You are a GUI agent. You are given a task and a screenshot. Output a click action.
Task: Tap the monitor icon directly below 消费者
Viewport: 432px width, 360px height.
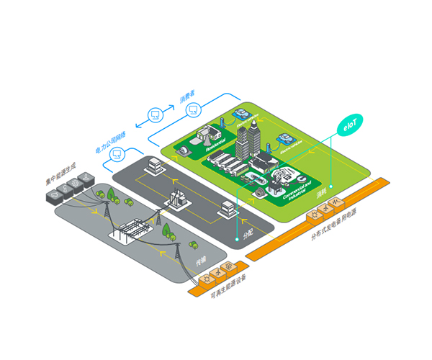click(192, 109)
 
